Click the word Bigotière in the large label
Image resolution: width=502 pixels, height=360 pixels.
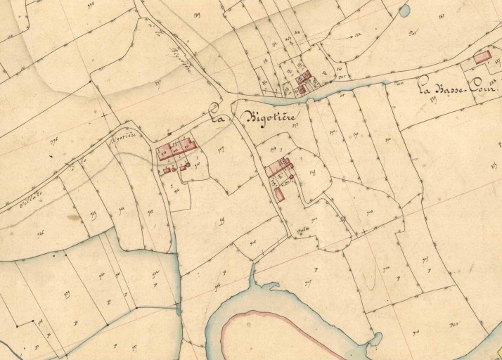pyautogui.click(x=271, y=116)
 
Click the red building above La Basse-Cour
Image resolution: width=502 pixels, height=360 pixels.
pyautogui.click(x=482, y=58)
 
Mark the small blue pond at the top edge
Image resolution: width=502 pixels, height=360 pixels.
pyautogui.click(x=404, y=11)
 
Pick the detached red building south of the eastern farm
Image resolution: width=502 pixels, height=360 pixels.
pyautogui.click(x=279, y=194)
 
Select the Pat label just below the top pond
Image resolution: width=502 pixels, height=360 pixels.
pyautogui.click(x=413, y=33)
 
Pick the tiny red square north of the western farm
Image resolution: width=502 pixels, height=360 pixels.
pyautogui.click(x=169, y=132)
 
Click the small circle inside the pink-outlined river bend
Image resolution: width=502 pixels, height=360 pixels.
pyautogui.click(x=247, y=325)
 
